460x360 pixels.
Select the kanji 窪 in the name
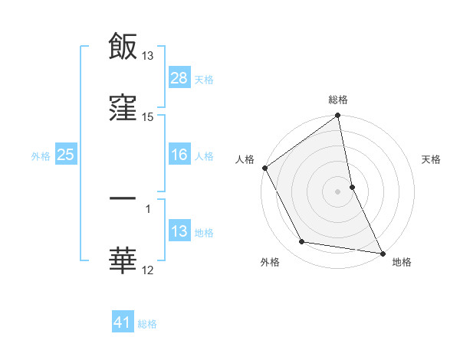(x=123, y=108)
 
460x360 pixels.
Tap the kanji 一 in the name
(x=123, y=200)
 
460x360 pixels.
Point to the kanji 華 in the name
(x=123, y=260)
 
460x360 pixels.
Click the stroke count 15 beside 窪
(x=148, y=117)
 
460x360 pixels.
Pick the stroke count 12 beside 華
(x=148, y=270)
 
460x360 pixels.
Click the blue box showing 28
(x=179, y=78)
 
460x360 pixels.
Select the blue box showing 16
(x=179, y=155)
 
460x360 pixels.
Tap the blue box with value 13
(x=179, y=231)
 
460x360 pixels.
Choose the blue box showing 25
(x=65, y=155)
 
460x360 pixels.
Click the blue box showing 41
(x=123, y=323)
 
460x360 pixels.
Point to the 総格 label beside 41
(x=147, y=324)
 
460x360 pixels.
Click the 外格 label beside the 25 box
(x=41, y=155)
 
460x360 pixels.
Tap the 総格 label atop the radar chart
(x=338, y=100)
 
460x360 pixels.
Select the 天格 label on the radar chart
(x=432, y=159)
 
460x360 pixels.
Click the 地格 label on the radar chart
(x=402, y=262)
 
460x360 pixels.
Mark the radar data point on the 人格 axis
(x=264, y=168)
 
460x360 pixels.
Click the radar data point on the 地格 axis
(x=383, y=253)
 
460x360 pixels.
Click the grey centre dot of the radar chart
(x=338, y=191)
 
